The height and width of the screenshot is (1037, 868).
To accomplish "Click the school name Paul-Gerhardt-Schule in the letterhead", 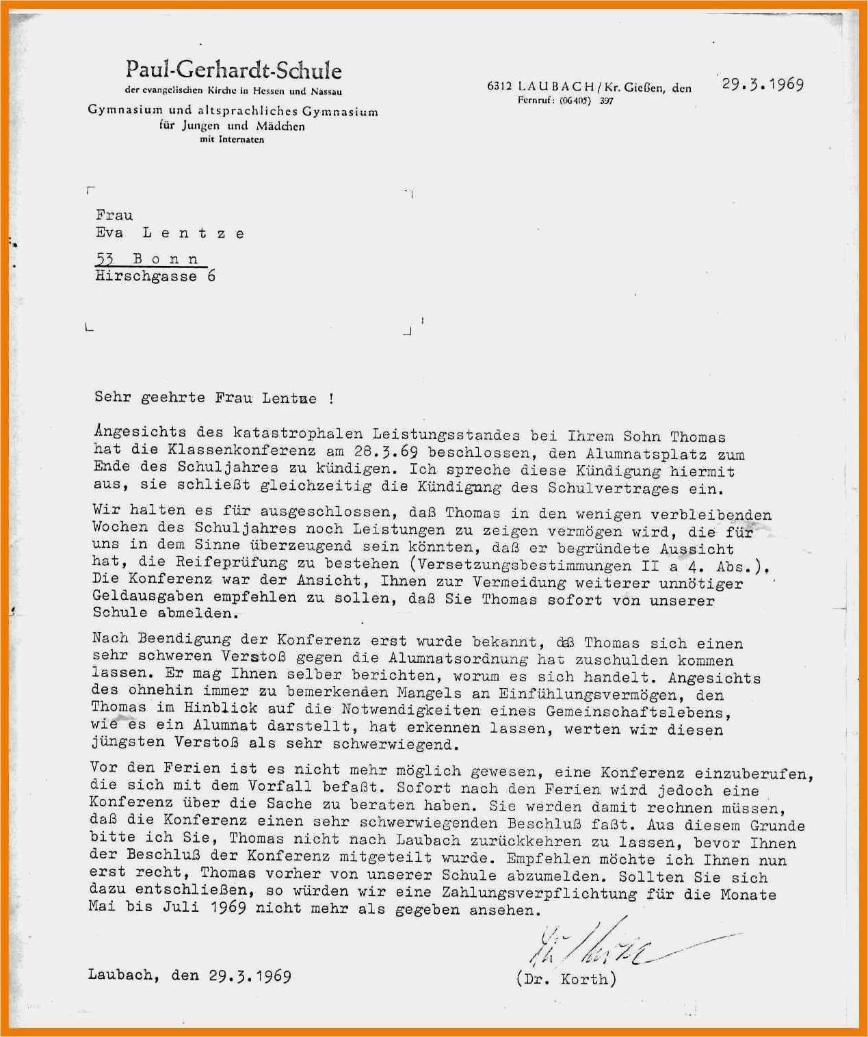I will (233, 70).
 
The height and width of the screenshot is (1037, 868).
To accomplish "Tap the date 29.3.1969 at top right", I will (763, 85).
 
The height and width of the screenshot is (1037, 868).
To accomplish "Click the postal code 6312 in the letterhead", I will (499, 87).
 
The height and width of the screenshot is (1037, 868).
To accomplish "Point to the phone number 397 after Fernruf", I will (606, 101).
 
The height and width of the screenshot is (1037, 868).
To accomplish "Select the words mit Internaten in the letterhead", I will (232, 140).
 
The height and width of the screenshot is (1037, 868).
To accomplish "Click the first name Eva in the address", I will (109, 233).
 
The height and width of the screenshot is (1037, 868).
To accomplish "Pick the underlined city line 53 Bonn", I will (150, 259).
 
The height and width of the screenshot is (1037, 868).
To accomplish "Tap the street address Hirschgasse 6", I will (155, 276).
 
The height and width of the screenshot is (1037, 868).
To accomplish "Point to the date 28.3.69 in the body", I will (386, 451).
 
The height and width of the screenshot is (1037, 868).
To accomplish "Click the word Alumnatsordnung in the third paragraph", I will (458, 659).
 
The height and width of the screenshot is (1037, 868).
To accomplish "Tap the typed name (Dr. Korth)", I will (566, 979).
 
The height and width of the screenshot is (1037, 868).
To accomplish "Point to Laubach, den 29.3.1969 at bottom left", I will (189, 975).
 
